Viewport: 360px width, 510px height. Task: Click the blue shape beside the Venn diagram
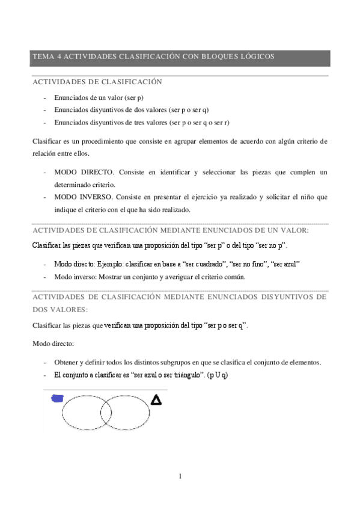(58, 398)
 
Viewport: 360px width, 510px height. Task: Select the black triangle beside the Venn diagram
(156, 399)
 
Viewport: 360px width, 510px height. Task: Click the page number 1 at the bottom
(180, 476)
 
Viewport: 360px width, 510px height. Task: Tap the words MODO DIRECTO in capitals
(80, 173)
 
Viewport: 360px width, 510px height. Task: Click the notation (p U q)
(217, 375)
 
